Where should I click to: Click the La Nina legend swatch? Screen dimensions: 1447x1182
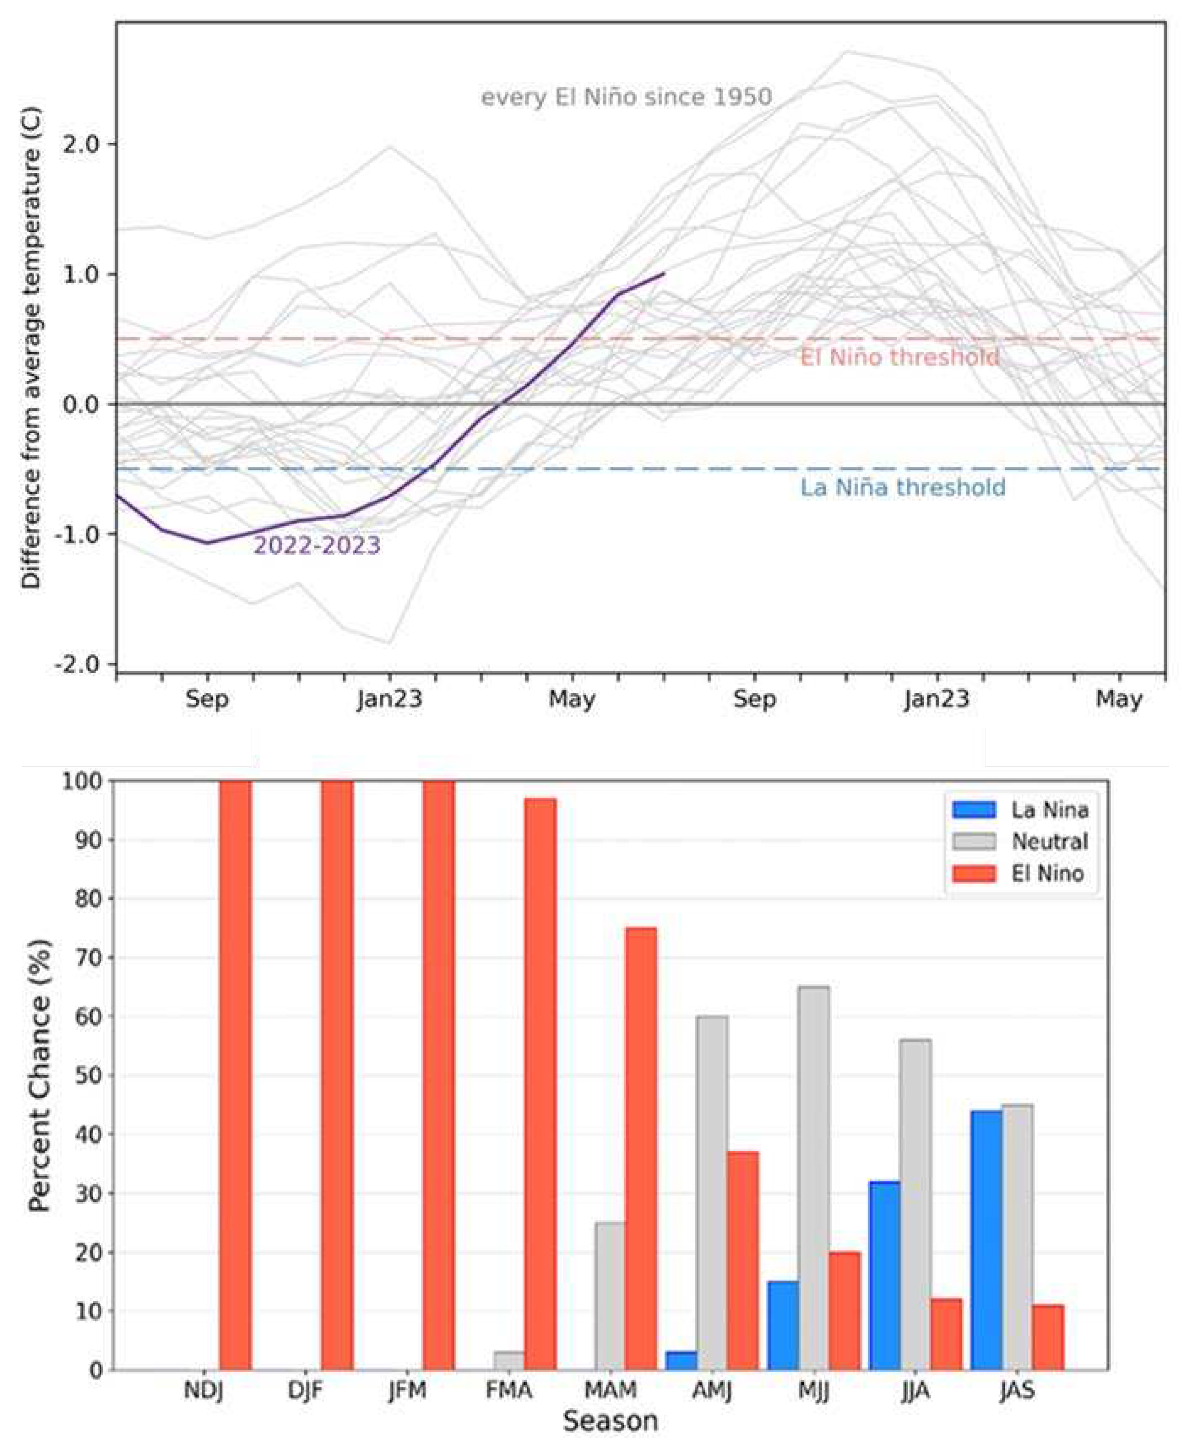pos(974,810)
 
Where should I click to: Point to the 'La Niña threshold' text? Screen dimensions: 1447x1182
pos(902,487)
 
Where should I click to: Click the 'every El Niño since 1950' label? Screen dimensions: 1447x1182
pos(627,97)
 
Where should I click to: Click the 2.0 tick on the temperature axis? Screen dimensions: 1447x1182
pos(80,144)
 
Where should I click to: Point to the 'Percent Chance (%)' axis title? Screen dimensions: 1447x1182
pos(41,1076)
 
